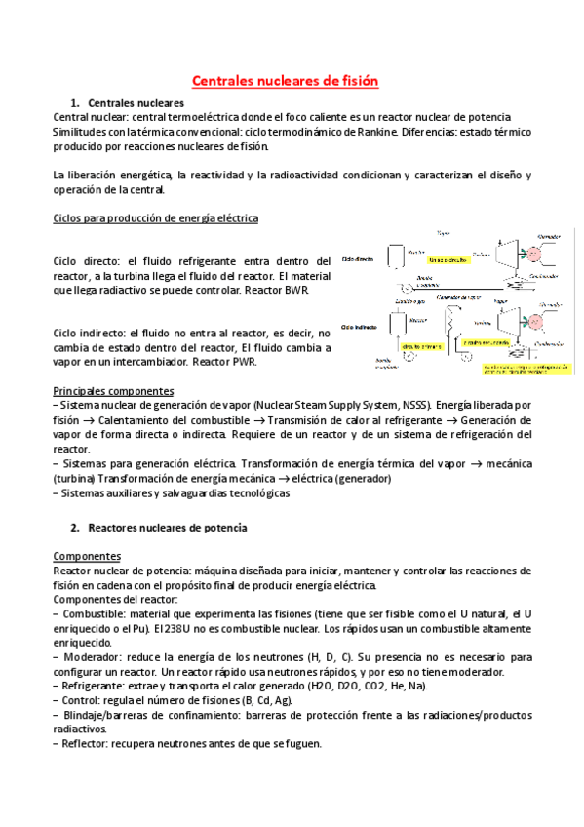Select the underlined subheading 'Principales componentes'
107,390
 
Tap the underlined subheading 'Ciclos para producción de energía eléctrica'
155,218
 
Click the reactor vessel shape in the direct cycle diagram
397,256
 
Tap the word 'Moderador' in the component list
92,645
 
